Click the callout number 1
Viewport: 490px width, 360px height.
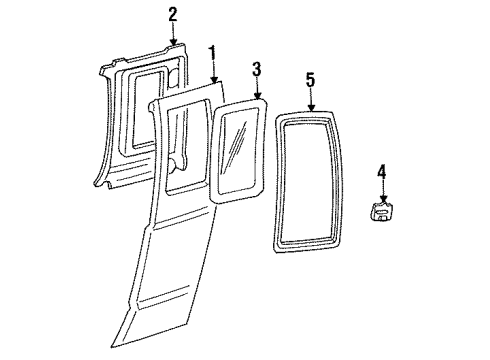[211, 51]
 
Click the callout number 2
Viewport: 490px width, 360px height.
[172, 14]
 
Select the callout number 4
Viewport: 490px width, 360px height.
[382, 175]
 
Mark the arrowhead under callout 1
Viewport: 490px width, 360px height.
[211, 80]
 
